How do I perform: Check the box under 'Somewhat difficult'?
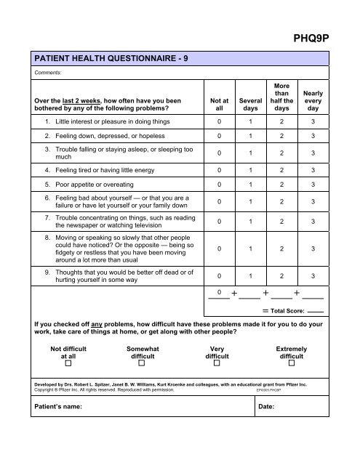143,364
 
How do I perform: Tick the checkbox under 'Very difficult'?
217,364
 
